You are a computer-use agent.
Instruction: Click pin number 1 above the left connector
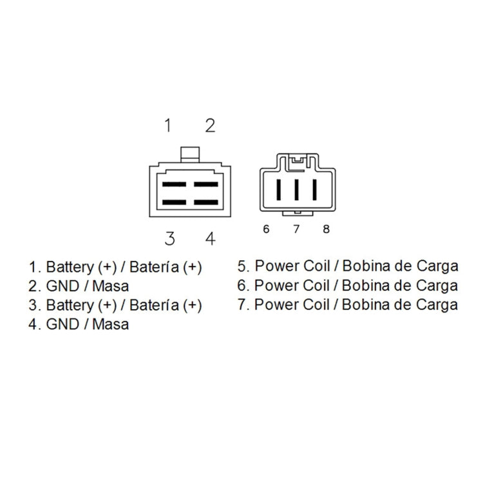pos(168,126)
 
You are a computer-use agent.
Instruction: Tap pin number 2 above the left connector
pos(211,126)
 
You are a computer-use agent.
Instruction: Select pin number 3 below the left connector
pos(170,239)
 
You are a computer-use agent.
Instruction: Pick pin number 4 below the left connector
pos(211,239)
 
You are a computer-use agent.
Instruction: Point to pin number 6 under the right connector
pos(266,229)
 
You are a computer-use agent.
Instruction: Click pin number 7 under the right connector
pos(296,229)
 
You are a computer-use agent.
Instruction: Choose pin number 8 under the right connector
pos(327,229)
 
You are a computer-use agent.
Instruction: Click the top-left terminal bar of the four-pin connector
pos(175,185)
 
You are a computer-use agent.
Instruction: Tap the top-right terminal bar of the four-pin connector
pos(206,185)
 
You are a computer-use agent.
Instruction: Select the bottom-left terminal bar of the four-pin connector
pos(175,202)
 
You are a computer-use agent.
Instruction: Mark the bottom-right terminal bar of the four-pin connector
pos(206,202)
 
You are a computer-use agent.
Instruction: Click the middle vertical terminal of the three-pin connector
pos(297,189)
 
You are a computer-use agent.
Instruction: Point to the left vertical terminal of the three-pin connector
pos(279,189)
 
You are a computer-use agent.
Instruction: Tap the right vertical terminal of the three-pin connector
pos(314,189)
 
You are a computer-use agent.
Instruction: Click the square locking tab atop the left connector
pos(190,155)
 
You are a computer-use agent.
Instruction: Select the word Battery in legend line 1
pos(70,267)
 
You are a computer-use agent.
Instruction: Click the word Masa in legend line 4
pos(110,325)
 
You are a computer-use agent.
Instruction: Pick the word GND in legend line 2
pos(62,286)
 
